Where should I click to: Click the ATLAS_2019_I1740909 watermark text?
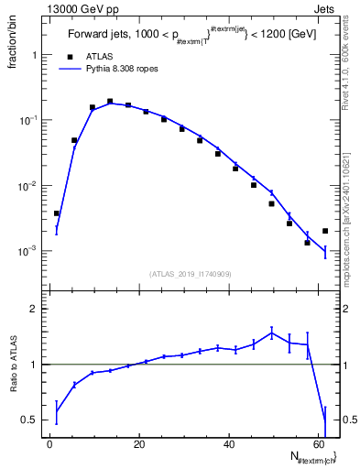[x=191, y=273]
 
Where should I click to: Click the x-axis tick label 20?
[x=139, y=444]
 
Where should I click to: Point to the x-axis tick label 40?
[x=229, y=444]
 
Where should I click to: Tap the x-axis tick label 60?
[x=318, y=444]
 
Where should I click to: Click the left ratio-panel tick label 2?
[x=35, y=310]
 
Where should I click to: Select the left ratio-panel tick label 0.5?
[x=31, y=420]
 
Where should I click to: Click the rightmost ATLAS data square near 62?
[x=325, y=231]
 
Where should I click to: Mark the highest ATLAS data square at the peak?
[x=110, y=102]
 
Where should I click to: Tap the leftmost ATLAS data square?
[x=57, y=213]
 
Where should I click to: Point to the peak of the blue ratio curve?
[x=271, y=333]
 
